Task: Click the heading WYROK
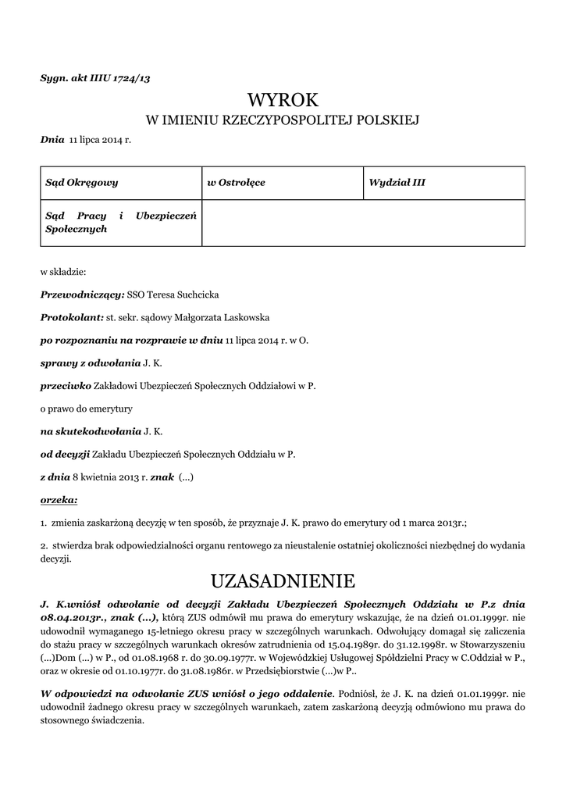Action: click(283, 100)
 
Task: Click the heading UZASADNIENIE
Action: click(283, 581)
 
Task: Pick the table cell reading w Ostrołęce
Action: click(236, 183)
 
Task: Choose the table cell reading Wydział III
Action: click(397, 183)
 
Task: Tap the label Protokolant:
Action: click(72, 318)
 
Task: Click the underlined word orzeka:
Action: click(59, 498)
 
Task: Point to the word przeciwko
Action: click(66, 386)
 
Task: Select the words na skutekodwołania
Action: click(90, 430)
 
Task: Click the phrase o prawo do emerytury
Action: click(87, 409)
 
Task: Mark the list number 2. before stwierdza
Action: click(44, 546)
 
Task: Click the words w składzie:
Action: click(63, 273)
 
